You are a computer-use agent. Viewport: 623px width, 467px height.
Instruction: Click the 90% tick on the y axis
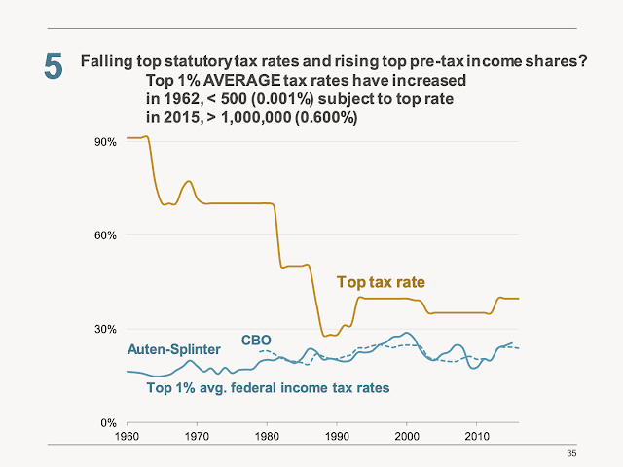click(x=105, y=141)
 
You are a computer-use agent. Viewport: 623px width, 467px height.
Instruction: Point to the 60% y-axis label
click(x=105, y=234)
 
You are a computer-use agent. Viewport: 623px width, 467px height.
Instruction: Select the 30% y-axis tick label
click(x=105, y=329)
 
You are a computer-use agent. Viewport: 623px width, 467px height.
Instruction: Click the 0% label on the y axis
click(x=108, y=422)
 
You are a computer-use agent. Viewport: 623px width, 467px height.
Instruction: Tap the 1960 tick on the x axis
click(x=127, y=436)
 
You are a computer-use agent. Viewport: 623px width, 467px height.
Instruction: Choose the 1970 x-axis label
click(x=197, y=436)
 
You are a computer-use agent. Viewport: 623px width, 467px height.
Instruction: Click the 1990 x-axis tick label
click(x=337, y=436)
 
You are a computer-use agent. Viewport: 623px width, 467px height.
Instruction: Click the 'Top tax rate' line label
click(x=381, y=282)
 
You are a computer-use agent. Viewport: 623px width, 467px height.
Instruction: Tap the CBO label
click(x=257, y=340)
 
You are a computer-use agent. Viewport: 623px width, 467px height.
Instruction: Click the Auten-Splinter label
click(x=173, y=349)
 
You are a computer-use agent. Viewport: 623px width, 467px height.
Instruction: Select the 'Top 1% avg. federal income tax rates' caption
click(x=268, y=387)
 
